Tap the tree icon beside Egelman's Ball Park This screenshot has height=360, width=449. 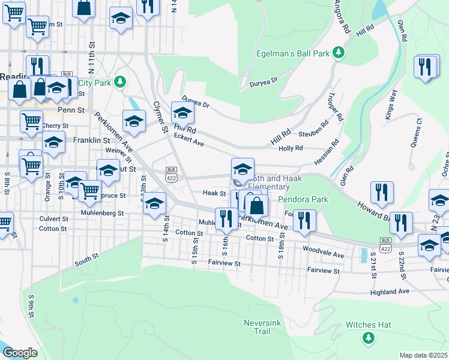(x=339, y=53)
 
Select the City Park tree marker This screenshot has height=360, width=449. (x=120, y=81)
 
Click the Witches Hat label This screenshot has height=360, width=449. (x=368, y=325)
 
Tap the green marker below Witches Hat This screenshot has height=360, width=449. (x=368, y=339)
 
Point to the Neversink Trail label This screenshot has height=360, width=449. (x=258, y=326)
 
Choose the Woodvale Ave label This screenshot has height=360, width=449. (x=324, y=251)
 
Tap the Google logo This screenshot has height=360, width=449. (x=20, y=353)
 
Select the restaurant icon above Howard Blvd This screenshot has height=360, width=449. (x=381, y=193)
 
